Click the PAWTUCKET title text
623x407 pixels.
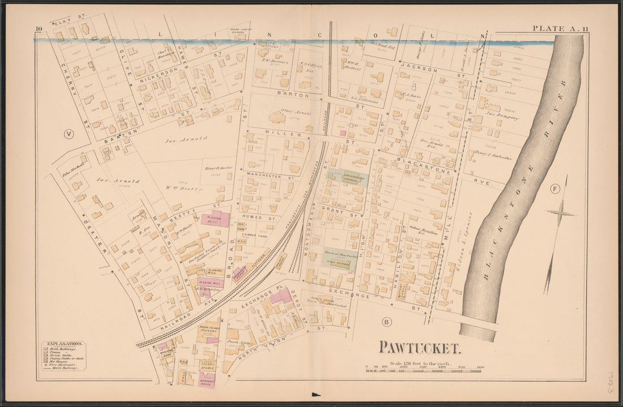[420, 346]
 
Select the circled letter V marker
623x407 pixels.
[69, 134]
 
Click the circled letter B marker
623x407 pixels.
[387, 322]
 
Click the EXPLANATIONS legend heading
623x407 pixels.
[63, 344]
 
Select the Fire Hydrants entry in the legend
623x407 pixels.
[64, 363]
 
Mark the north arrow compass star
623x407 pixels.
[560, 214]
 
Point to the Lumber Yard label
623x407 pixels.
[255, 235]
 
